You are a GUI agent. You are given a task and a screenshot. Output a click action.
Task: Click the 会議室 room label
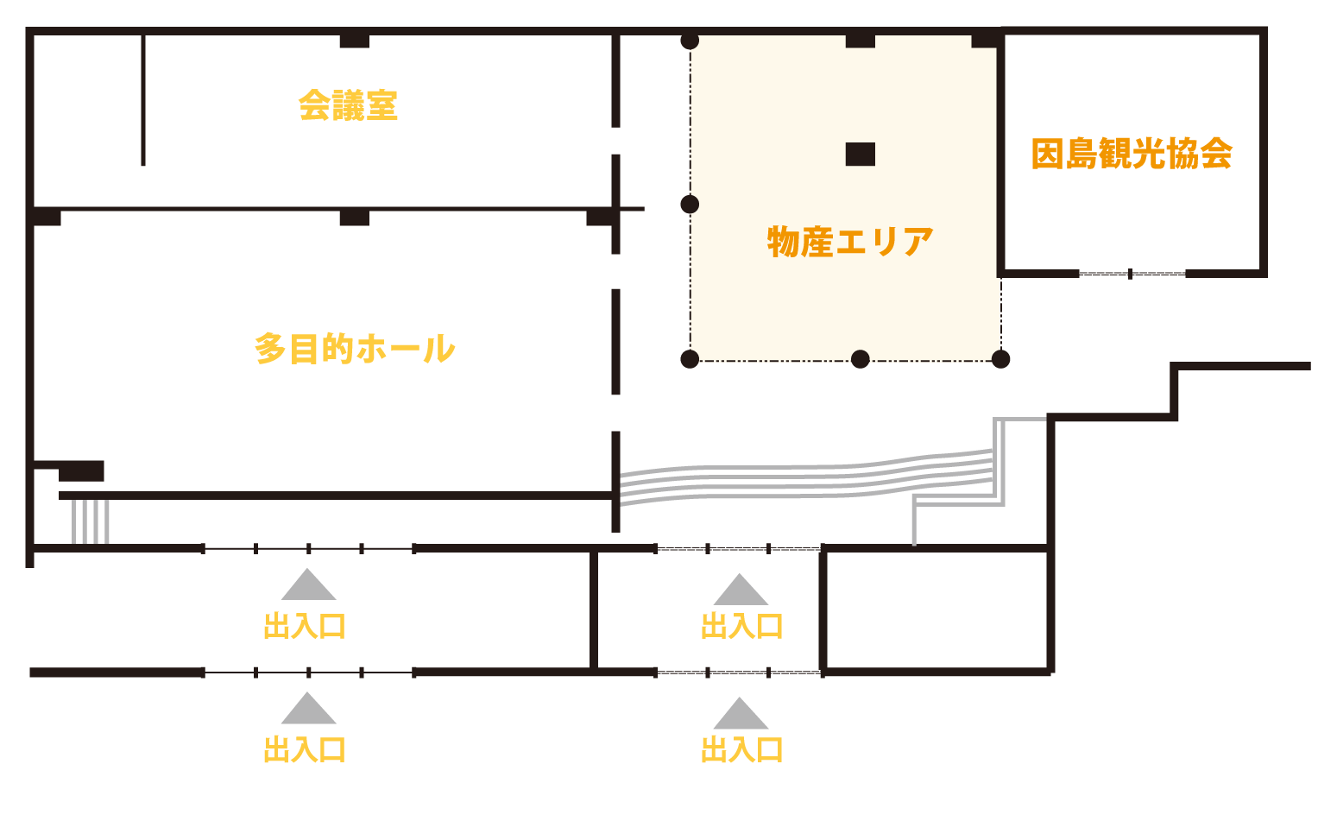[348, 105]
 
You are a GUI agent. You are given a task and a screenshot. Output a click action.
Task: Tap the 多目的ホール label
[355, 349]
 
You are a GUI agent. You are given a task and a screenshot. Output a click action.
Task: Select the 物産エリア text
[850, 242]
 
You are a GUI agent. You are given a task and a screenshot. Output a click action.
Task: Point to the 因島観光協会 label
[1132, 155]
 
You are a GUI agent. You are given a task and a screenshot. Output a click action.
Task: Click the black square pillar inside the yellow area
[860, 155]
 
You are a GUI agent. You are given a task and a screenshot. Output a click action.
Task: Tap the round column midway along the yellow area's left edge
[690, 205]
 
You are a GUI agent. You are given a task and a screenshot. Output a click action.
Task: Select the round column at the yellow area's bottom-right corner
[1000, 359]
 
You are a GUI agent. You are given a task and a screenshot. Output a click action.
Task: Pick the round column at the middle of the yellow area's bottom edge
[861, 359]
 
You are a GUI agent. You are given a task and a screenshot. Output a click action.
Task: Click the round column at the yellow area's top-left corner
[690, 41]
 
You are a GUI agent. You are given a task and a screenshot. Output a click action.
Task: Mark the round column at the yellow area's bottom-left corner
[690, 359]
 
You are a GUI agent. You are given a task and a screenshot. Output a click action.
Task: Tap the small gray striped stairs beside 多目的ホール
[91, 521]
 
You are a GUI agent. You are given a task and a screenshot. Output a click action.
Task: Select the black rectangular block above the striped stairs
[81, 471]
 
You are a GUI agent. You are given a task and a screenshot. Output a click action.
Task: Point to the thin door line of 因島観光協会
[1132, 274]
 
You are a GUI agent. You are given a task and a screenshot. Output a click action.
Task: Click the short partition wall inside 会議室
[143, 99]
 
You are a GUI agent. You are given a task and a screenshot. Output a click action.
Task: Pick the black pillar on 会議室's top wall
[354, 41]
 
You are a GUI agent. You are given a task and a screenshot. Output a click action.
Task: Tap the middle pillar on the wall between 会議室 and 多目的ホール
[354, 217]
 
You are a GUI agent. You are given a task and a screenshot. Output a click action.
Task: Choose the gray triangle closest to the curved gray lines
[740, 589]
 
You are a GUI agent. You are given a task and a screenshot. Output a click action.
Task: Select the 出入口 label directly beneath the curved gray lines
[741, 626]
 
